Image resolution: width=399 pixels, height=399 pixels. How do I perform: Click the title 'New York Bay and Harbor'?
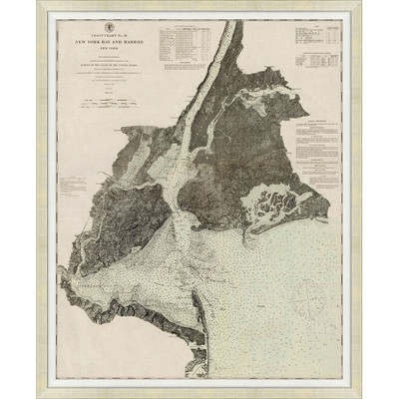pos(111,46)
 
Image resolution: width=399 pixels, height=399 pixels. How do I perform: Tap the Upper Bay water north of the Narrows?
pos(180,175)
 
